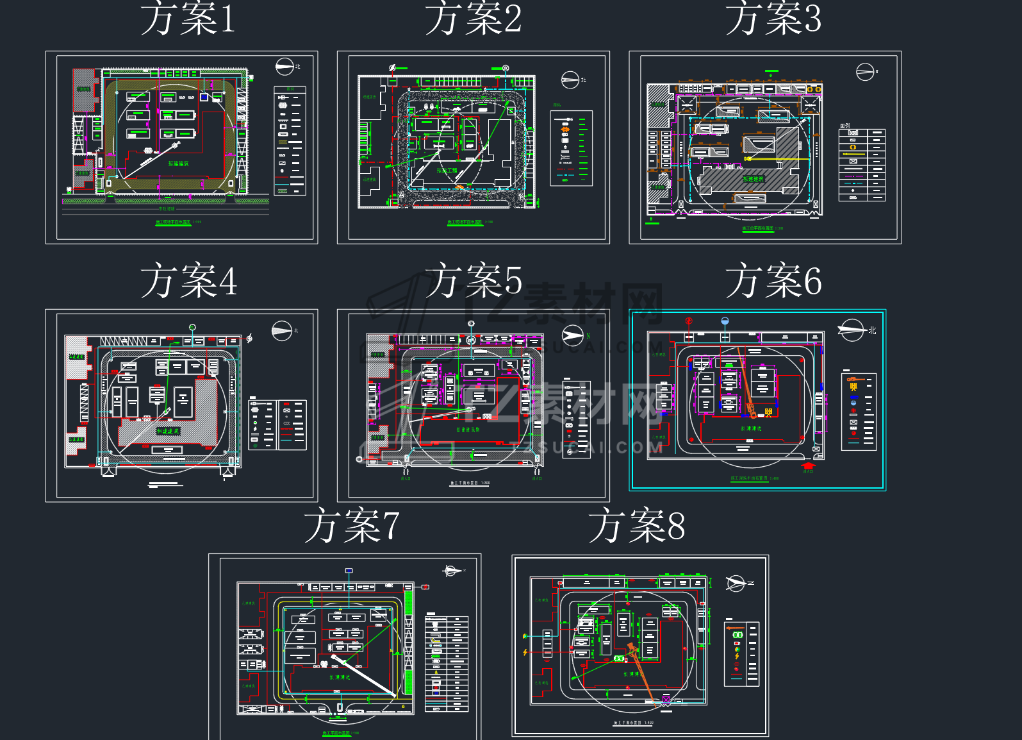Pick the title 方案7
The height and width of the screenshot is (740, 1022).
pyautogui.click(x=352, y=526)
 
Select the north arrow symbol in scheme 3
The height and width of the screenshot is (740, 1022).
pyautogui.click(x=865, y=72)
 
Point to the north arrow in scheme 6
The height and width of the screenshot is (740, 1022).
pyautogui.click(x=852, y=330)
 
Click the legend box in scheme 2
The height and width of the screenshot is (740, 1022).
pyautogui.click(x=571, y=148)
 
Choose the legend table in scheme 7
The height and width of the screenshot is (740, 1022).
pyautogui.click(x=447, y=663)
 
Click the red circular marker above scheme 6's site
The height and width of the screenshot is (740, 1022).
pyautogui.click(x=689, y=321)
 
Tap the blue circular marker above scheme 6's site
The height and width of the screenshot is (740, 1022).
pyautogui.click(x=725, y=321)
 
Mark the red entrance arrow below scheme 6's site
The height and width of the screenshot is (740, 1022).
pyautogui.click(x=808, y=466)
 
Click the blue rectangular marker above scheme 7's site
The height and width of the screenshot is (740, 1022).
pyautogui.click(x=349, y=570)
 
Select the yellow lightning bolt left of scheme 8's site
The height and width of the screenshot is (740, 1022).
pyautogui.click(x=525, y=652)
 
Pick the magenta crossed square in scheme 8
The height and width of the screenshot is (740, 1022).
pyautogui.click(x=666, y=700)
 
